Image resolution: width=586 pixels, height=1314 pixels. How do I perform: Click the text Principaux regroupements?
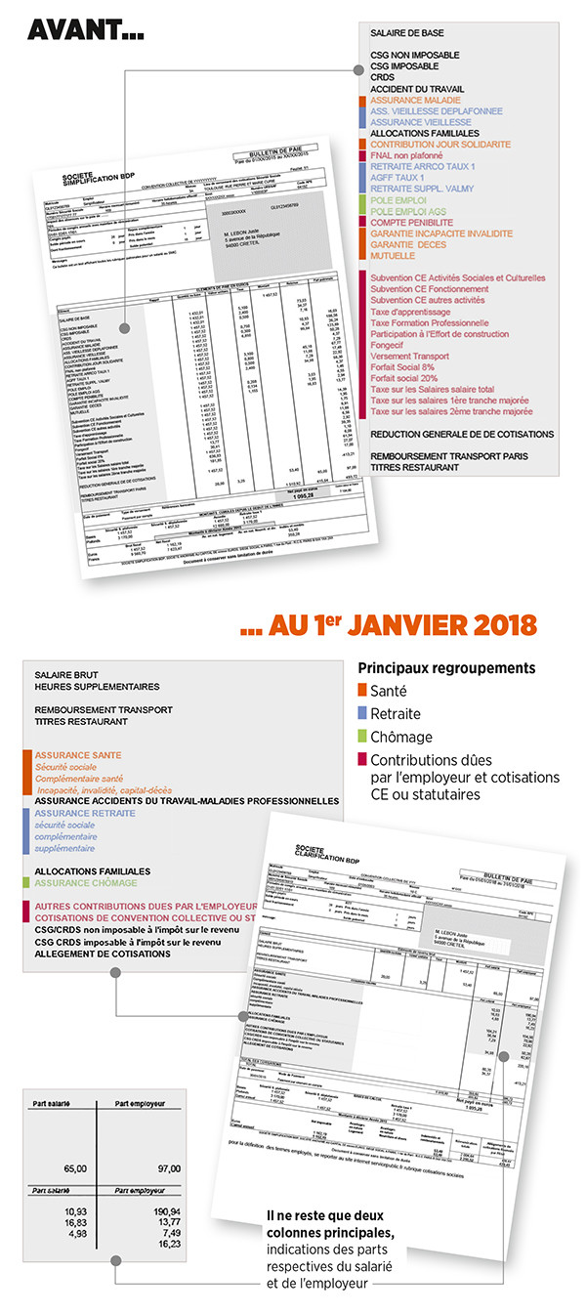pyautogui.click(x=445, y=669)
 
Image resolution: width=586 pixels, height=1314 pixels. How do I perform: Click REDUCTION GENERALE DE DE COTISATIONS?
pyautogui.click(x=462, y=434)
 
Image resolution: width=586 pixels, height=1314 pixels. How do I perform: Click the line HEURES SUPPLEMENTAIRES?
pyautogui.click(x=96, y=687)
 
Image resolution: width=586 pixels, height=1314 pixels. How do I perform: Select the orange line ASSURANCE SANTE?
pyautogui.click(x=78, y=756)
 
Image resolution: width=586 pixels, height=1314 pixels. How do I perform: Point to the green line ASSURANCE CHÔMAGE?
pyautogui.click(x=85, y=882)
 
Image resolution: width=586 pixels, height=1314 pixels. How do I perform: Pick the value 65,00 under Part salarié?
pyautogui.click(x=74, y=1168)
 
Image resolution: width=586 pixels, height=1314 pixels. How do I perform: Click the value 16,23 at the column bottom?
pyautogui.click(x=168, y=1245)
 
